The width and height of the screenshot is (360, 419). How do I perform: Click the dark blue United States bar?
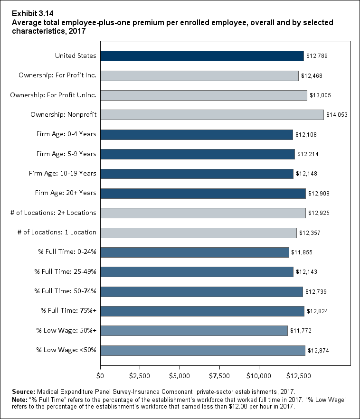pyautogui.click(x=202, y=56)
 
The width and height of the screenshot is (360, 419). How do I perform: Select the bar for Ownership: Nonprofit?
pyautogui.click(x=212, y=115)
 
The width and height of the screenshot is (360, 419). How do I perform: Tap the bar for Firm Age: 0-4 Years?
pyautogui.click(x=197, y=135)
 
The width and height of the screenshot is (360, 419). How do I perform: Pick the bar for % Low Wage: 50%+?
pyautogui.click(x=194, y=331)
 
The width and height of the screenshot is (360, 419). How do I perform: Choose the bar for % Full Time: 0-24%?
pyautogui.click(x=195, y=252)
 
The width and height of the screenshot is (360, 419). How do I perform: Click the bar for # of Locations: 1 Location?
pyautogui.click(x=199, y=233)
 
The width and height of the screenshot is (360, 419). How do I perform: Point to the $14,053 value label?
pyautogui.click(x=337, y=115)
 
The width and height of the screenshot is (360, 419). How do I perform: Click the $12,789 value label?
pyautogui.click(x=317, y=56)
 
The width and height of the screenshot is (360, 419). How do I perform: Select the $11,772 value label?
pyautogui.click(x=301, y=331)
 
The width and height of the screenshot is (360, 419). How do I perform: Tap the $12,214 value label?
pyautogui.click(x=308, y=154)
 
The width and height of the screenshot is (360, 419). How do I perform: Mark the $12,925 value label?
pyautogui.click(x=319, y=213)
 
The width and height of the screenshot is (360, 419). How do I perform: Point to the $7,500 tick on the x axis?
pyautogui.click(x=219, y=376)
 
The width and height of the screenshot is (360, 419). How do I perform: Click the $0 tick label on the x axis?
pyautogui.click(x=100, y=376)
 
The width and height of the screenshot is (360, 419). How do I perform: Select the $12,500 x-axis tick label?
pyautogui.click(x=299, y=376)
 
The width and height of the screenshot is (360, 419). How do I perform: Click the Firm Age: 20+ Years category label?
pyautogui.click(x=66, y=193)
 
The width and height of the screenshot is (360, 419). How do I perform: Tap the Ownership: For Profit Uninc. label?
pyautogui.click(x=53, y=95)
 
